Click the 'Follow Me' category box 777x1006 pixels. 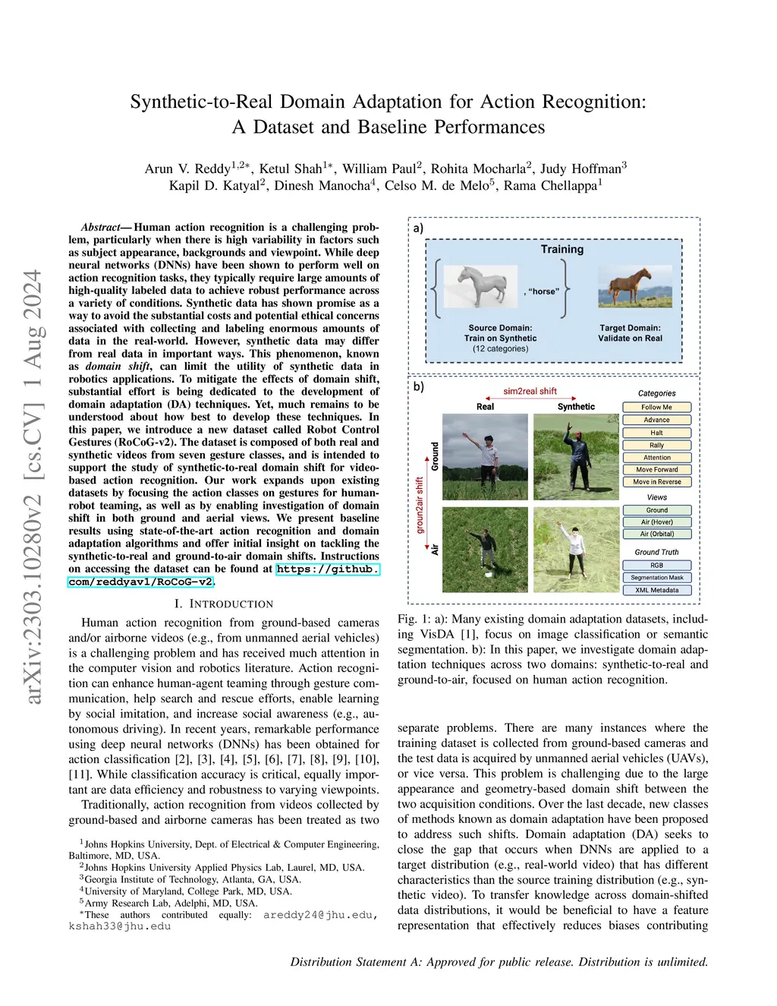tap(656, 407)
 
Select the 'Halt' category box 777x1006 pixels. tap(656, 433)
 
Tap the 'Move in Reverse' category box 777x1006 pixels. tap(656, 482)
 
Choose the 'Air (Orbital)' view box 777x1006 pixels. tap(656, 534)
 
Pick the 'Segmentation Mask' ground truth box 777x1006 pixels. tap(656, 578)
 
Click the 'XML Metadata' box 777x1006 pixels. tap(656, 590)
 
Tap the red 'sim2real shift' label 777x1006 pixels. tap(530, 391)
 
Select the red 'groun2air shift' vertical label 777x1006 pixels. tap(420, 505)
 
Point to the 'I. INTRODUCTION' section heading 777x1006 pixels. tap(223, 604)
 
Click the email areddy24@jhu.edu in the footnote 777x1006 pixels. tap(319, 915)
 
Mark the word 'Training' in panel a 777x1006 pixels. tap(562, 249)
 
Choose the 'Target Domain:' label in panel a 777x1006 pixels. tap(630, 328)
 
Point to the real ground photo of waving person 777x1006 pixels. tap(485, 456)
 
